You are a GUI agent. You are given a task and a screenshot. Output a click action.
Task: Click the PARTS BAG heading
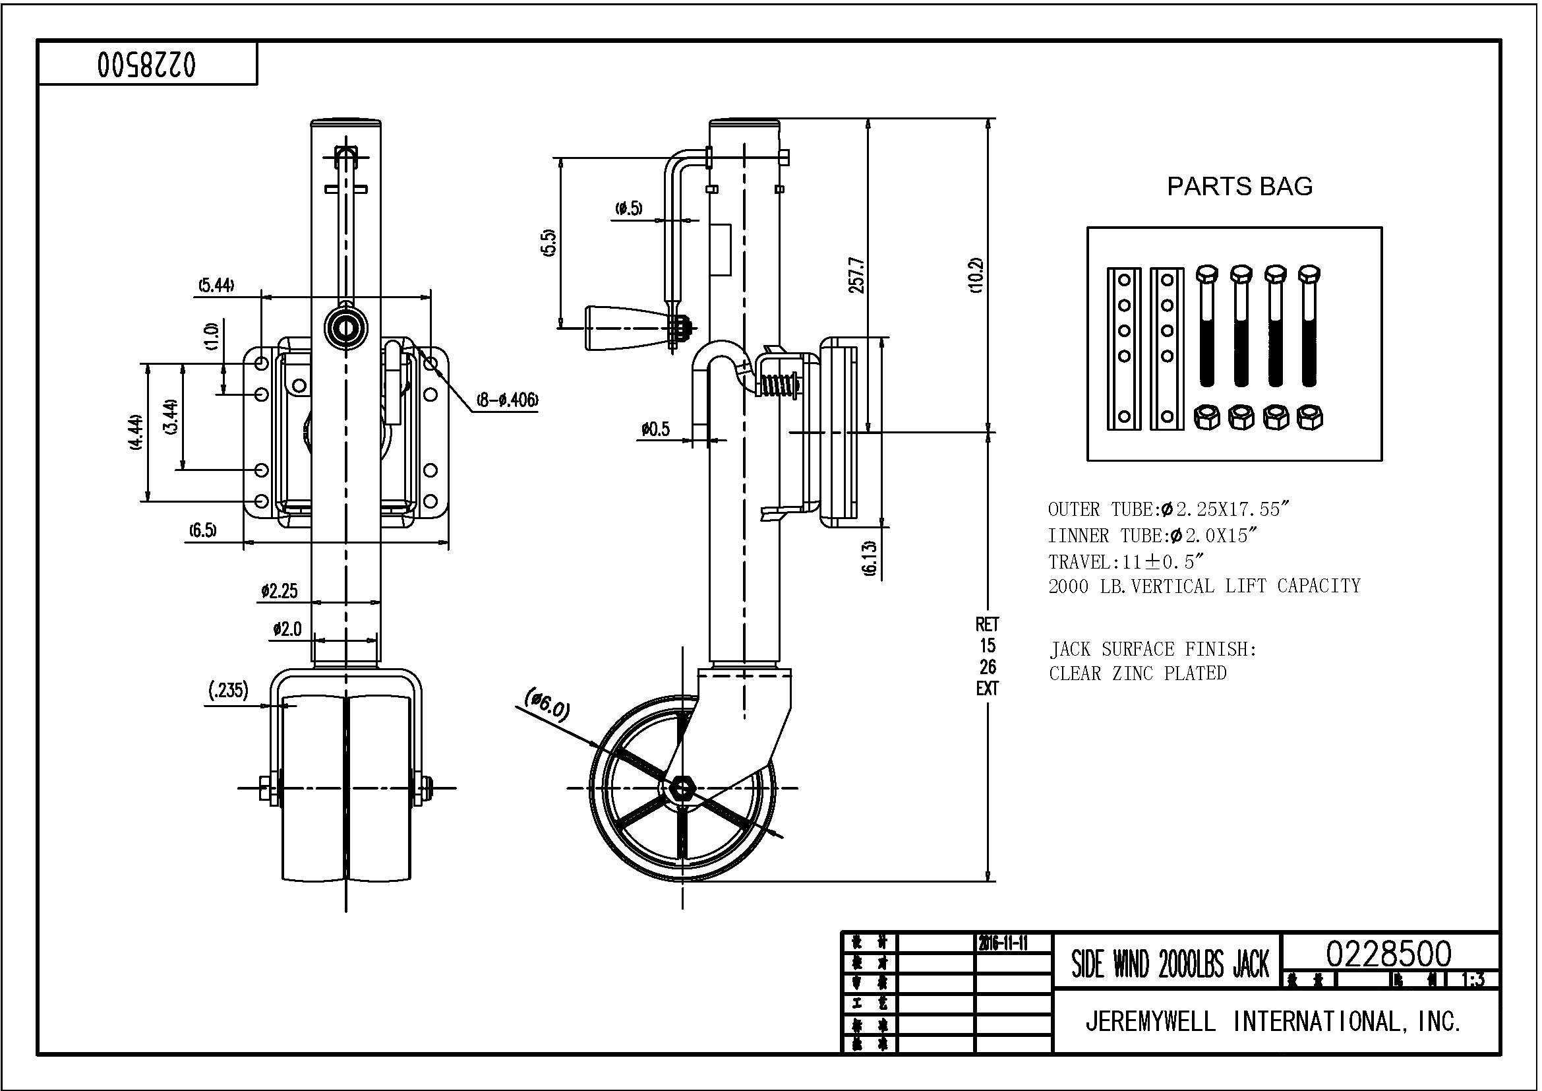tap(1239, 186)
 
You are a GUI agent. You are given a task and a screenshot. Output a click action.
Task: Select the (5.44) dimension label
tap(216, 286)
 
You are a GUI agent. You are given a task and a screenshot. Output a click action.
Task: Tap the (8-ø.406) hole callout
tap(508, 400)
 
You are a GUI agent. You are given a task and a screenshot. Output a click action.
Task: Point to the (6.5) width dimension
tap(202, 531)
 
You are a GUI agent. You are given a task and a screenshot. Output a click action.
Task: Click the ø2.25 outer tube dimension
tap(280, 591)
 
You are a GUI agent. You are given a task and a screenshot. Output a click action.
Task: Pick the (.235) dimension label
tap(228, 690)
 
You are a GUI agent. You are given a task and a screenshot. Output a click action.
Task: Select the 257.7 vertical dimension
tap(857, 274)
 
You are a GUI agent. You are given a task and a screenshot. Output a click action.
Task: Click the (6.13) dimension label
tap(870, 557)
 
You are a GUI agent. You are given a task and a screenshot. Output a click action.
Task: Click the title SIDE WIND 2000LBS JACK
tap(1170, 966)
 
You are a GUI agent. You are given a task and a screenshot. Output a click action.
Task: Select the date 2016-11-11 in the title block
tap(1003, 944)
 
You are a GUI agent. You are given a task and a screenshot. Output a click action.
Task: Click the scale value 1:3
tap(1473, 980)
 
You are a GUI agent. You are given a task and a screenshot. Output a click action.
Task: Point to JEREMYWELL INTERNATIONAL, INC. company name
tap(1274, 1022)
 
